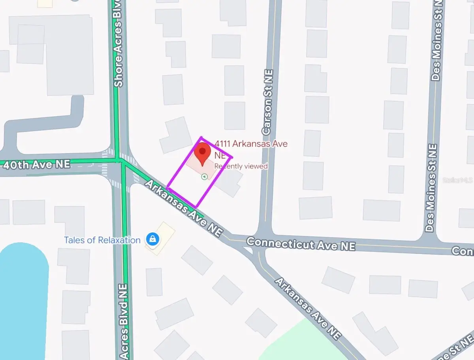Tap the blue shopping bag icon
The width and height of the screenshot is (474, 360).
pos(152,239)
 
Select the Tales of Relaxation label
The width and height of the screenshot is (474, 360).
pos(102,240)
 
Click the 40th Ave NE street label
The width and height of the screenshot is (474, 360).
pos(36,164)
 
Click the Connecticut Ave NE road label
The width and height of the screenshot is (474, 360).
pos(301,244)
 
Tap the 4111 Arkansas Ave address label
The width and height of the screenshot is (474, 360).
pos(250,144)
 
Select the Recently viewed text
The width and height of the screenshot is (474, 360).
pos(241,166)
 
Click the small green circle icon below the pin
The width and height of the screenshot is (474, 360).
pos(204,177)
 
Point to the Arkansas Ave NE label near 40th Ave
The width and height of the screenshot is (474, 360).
pos(183,208)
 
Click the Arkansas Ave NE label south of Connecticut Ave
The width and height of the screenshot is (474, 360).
pos(308,308)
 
